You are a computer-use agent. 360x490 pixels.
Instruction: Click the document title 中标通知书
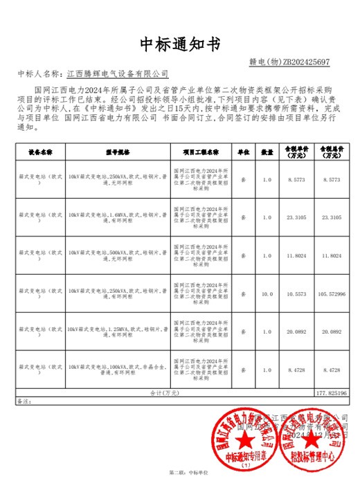pyautogui.click(x=180, y=45)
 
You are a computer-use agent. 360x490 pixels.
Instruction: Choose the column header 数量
pyautogui.click(x=267, y=150)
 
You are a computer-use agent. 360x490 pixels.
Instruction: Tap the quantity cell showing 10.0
pyautogui.click(x=267, y=293)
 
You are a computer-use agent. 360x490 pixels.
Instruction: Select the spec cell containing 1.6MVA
pyautogui.click(x=118, y=217)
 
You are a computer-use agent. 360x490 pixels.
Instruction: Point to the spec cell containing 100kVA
pyautogui.click(x=118, y=370)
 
